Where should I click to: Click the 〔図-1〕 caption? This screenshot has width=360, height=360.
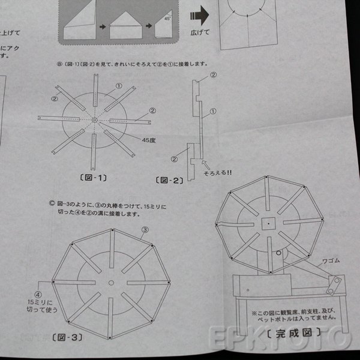click(x=92, y=177)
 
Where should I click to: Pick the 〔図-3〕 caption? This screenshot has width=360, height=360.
click(x=67, y=337)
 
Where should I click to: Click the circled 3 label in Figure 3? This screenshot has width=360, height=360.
click(x=145, y=230)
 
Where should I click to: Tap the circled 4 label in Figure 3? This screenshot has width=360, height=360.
click(x=37, y=295)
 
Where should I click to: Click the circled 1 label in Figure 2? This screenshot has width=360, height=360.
click(x=212, y=112)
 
